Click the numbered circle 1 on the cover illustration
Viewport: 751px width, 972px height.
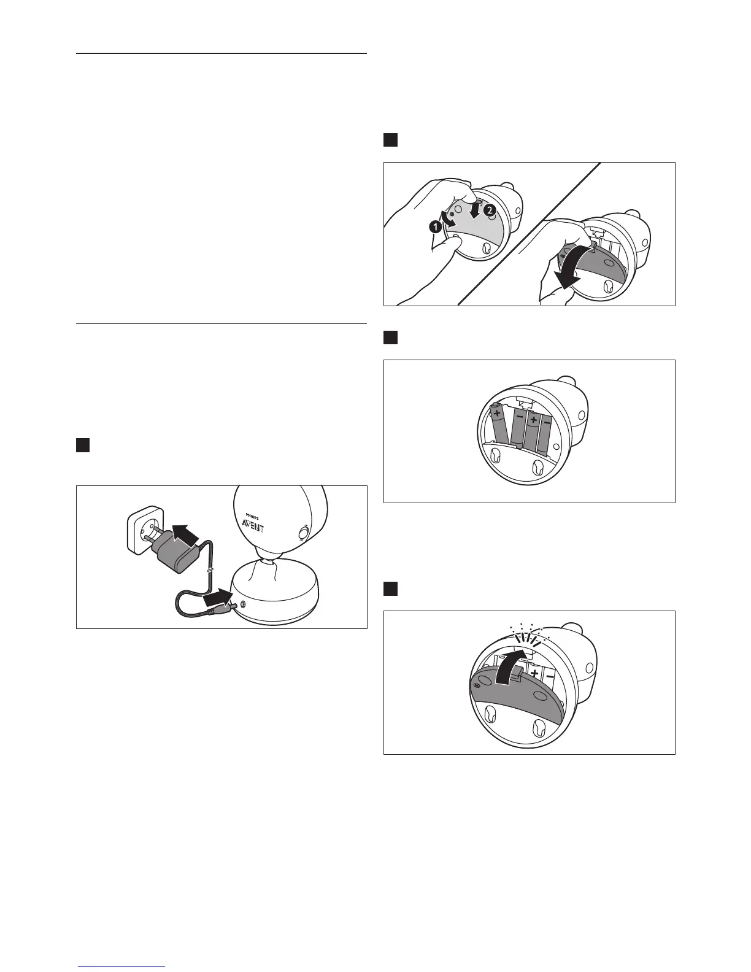tap(435, 226)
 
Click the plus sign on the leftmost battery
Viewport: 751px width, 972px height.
tap(496, 414)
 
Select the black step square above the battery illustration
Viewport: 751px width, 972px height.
tap(391, 337)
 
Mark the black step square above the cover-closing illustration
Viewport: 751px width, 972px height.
tap(391, 588)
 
